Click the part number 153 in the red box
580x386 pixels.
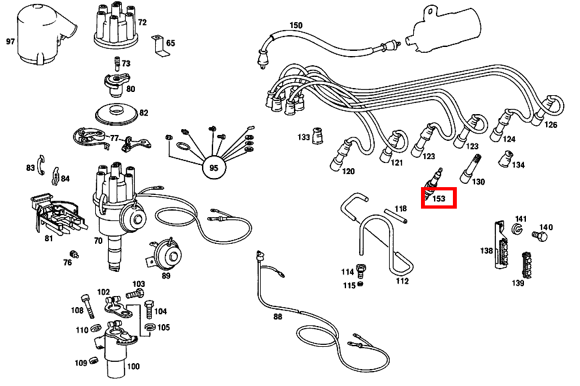[439, 199]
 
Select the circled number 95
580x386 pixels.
[213, 168]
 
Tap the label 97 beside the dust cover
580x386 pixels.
[10, 42]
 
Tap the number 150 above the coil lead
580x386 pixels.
[296, 25]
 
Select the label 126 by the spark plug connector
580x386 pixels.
[551, 125]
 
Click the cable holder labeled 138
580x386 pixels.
[502, 246]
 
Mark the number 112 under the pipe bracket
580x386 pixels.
[402, 281]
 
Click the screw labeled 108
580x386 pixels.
[87, 305]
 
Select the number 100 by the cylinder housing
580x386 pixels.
[133, 366]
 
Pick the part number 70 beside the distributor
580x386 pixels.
[98, 241]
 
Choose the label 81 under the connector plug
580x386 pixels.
[48, 238]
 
